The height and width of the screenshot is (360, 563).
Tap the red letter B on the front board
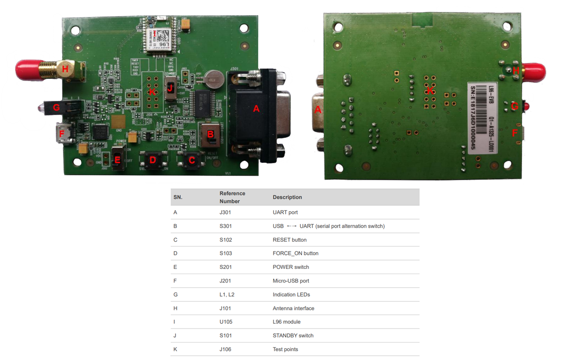pos(211,135)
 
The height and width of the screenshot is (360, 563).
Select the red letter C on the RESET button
pos(191,160)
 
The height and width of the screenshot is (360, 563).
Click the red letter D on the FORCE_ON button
pos(152,160)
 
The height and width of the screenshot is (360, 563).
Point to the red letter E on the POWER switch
pos(117,160)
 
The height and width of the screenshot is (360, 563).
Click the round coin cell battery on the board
pos(215,79)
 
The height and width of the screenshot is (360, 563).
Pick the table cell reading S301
pos(226,226)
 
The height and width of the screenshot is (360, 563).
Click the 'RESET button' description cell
pos(289,240)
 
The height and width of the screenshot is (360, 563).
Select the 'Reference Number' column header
pos(232,197)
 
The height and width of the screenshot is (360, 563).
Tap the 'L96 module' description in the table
pos(286,322)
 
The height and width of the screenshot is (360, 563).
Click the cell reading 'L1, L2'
pos(228,295)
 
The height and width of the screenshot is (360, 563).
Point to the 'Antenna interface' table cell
pos(293,308)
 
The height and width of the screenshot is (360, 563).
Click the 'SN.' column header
pos(178,197)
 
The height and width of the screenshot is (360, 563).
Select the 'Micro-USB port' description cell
pos(291,281)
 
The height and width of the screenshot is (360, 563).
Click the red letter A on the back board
pos(317,110)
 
